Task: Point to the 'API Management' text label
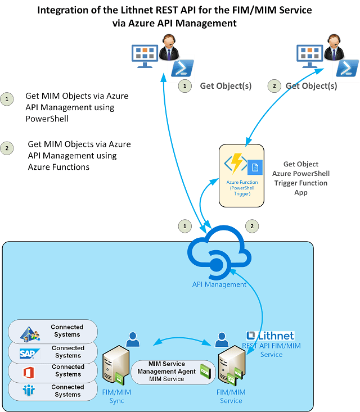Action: click(219, 284)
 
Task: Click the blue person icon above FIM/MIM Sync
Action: click(133, 339)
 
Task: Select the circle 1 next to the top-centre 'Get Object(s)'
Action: click(183, 86)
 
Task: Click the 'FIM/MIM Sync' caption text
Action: click(117, 396)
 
